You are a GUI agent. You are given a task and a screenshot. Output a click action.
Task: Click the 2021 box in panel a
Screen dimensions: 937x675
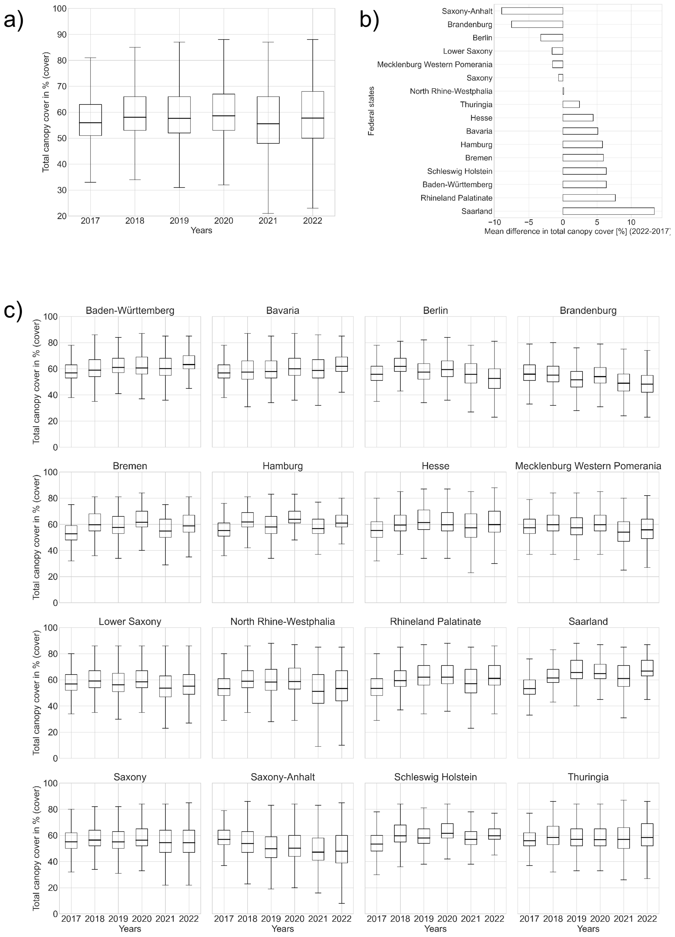268,120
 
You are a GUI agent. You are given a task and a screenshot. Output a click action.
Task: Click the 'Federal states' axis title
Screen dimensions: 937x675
371,111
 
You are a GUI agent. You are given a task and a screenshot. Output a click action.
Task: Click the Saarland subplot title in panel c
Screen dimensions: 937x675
588,621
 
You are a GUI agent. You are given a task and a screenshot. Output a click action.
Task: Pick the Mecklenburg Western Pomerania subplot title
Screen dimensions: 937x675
588,466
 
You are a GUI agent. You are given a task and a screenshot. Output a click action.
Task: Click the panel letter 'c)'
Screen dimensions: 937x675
13,311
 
